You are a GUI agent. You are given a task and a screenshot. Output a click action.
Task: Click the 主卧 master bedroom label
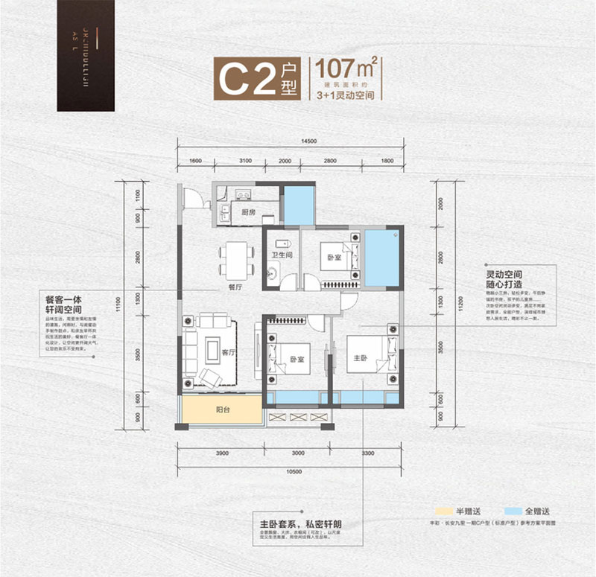tap(361, 357)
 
